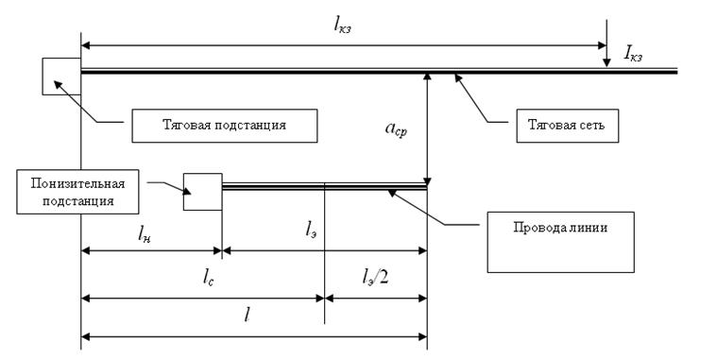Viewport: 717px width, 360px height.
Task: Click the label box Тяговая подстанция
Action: coord(225,126)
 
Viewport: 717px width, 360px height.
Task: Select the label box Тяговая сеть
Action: coord(568,126)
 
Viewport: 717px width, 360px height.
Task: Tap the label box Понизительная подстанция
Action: coord(77,192)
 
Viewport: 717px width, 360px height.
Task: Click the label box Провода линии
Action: coord(560,242)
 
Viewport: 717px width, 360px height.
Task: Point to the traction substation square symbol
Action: coord(61,77)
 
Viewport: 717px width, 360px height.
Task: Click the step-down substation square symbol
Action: coord(202,192)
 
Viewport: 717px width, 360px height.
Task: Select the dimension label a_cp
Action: coord(396,129)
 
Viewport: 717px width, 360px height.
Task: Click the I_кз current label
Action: coord(633,55)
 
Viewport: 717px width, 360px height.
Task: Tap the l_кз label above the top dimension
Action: coord(343,26)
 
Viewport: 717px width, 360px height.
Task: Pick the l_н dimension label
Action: coord(144,234)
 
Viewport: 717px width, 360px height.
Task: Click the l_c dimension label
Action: coord(208,278)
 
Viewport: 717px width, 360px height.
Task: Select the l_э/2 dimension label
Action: coord(375,277)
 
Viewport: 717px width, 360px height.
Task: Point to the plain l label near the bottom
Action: coord(247,315)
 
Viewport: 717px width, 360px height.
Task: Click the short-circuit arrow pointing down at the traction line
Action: coord(606,43)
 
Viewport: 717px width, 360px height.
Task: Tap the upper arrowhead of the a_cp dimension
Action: coord(427,77)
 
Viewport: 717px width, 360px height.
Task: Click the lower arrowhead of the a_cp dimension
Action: coord(427,179)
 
